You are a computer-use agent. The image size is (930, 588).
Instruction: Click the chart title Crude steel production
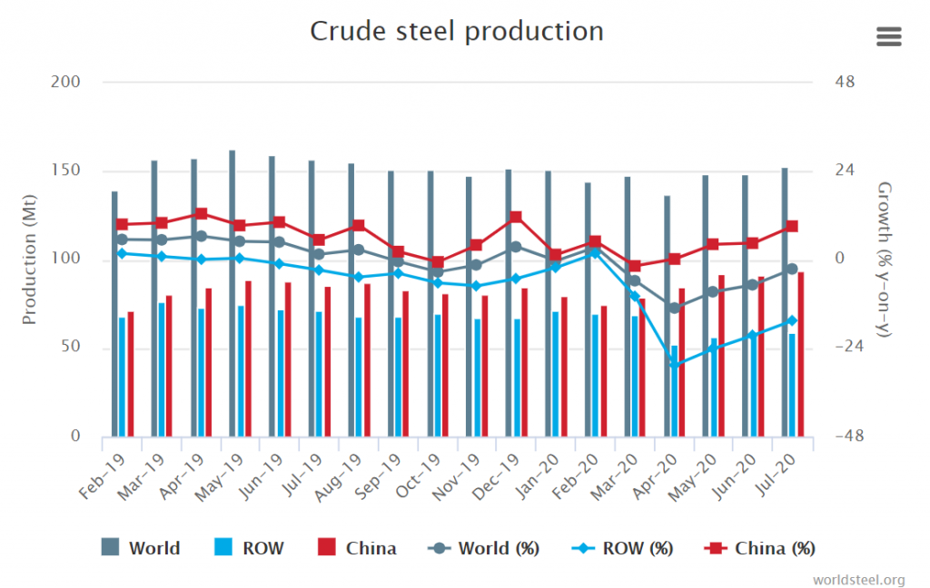click(457, 31)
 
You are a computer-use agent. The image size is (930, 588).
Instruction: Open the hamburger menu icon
click(888, 36)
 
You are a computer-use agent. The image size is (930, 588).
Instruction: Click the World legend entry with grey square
click(141, 548)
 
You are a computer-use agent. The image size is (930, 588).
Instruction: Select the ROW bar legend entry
click(249, 548)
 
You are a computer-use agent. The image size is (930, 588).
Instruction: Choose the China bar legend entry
click(357, 548)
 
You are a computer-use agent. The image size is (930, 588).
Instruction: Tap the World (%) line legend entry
click(484, 548)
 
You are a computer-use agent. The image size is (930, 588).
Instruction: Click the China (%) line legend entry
click(760, 548)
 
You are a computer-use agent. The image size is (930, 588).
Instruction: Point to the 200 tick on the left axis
click(67, 83)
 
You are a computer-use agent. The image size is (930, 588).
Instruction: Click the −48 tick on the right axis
click(851, 436)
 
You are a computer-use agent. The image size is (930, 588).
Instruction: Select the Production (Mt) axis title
click(30, 260)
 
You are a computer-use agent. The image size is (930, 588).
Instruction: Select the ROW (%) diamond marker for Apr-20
click(675, 364)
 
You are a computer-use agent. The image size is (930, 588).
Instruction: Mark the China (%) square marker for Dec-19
click(516, 217)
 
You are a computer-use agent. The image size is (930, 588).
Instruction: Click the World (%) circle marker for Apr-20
click(675, 308)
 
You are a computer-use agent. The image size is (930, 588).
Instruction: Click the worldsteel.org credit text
click(858, 579)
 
